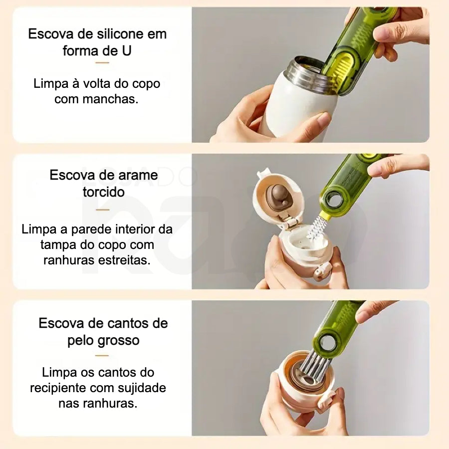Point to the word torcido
coord(104,192)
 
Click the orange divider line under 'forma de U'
coord(102,63)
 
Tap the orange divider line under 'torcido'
coord(102,210)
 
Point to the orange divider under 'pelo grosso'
coord(102,356)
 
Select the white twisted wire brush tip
coord(314,227)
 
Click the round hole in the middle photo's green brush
coord(333,198)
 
